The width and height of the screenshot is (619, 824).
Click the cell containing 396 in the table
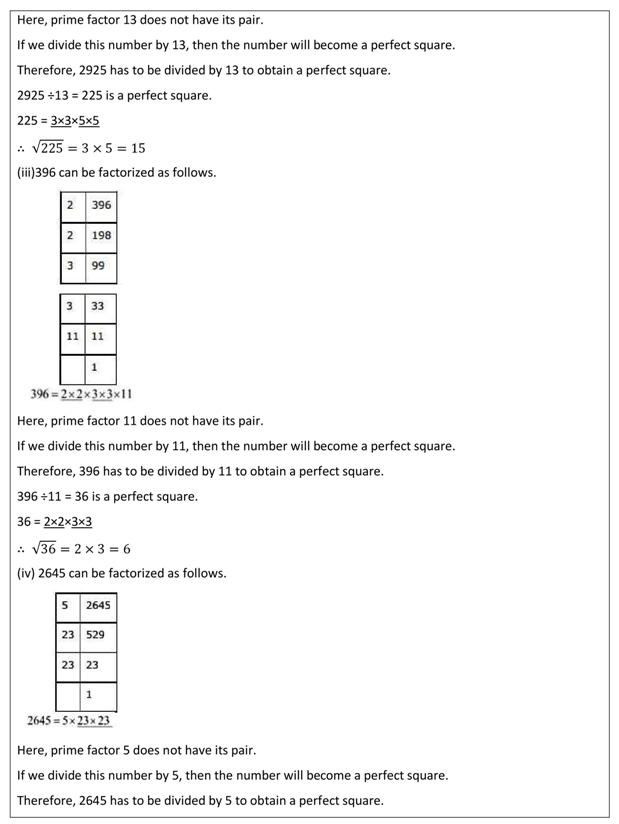(101, 206)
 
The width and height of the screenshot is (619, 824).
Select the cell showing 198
(101, 236)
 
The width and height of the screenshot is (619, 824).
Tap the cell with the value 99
(100, 267)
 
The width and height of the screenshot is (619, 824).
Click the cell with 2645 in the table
(99, 606)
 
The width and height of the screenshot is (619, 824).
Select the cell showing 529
(98, 635)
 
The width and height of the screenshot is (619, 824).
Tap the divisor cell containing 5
(66, 606)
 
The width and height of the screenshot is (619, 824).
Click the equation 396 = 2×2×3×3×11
(82, 394)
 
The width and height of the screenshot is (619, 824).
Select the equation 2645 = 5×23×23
(70, 720)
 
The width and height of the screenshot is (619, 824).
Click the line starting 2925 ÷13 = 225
(114, 96)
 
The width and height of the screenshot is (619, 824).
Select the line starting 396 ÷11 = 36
(107, 496)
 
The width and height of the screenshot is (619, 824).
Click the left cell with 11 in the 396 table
(72, 337)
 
